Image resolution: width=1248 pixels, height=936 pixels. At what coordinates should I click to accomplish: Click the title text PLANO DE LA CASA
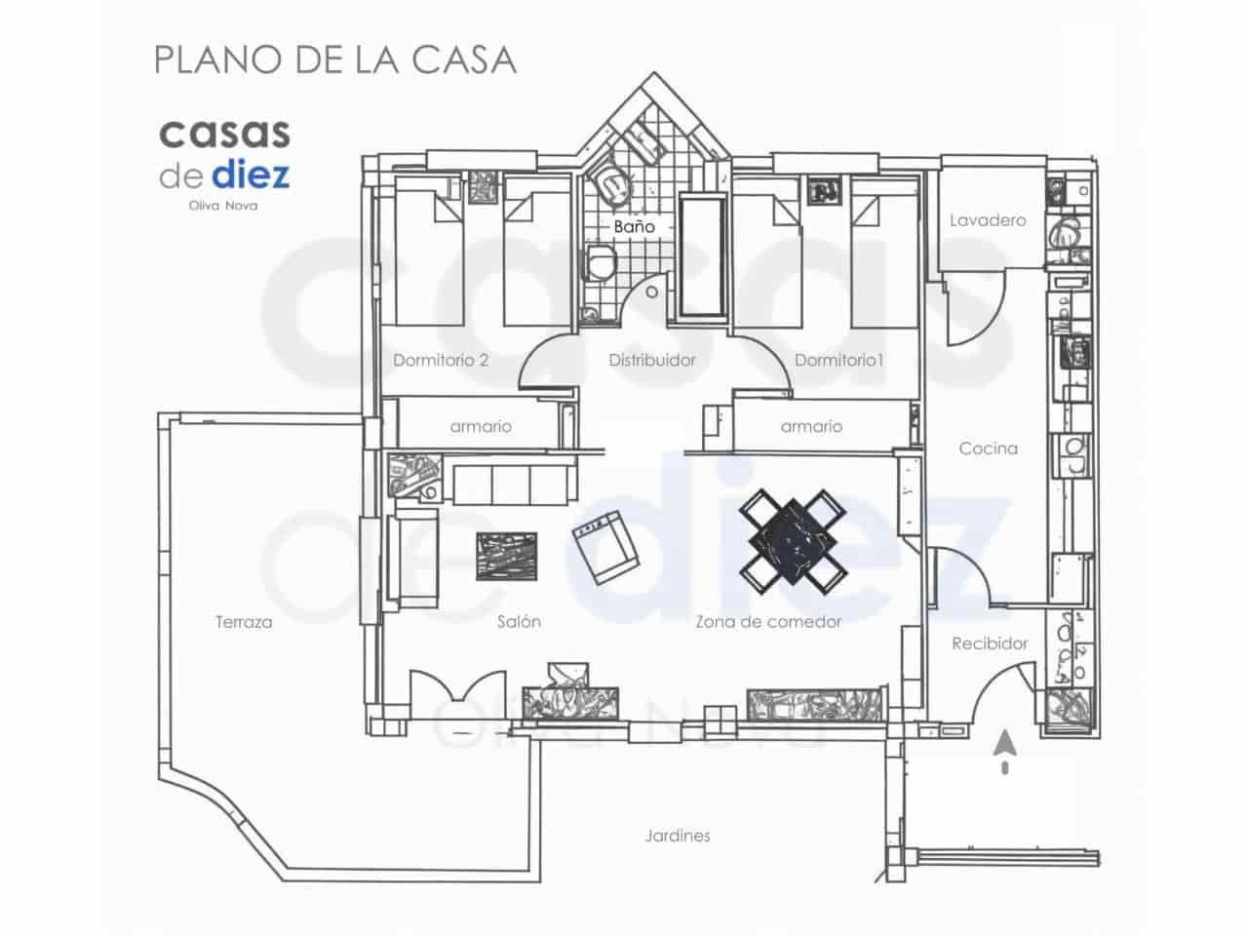(334, 59)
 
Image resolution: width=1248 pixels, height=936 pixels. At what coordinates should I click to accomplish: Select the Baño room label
(634, 226)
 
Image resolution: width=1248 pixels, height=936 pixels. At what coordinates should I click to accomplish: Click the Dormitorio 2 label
(441, 360)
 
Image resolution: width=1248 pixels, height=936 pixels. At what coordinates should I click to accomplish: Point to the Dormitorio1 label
(838, 360)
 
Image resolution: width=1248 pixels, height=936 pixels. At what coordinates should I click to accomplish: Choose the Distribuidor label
(652, 360)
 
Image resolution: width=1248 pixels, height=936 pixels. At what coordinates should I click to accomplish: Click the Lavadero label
(988, 220)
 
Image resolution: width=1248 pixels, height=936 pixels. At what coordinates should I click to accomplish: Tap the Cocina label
(988, 448)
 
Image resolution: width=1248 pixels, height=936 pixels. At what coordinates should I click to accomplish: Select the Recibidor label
(990, 643)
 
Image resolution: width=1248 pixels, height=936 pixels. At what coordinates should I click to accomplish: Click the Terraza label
(244, 622)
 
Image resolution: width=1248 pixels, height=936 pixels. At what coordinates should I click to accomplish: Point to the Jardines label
(677, 836)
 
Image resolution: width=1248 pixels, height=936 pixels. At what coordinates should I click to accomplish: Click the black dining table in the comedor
(793, 542)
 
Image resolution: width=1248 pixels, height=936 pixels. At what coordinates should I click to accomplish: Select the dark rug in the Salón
(506, 557)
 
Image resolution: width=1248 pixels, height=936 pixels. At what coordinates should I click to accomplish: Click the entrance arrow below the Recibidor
(1005, 751)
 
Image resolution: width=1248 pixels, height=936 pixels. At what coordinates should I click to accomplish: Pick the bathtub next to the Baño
(702, 257)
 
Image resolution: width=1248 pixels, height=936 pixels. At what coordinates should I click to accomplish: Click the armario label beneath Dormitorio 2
(481, 426)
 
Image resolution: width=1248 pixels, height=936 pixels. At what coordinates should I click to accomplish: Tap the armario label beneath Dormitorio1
(811, 426)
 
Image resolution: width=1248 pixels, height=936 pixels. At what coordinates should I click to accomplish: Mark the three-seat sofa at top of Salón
(511, 484)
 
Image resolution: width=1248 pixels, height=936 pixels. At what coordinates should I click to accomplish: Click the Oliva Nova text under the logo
(223, 206)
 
